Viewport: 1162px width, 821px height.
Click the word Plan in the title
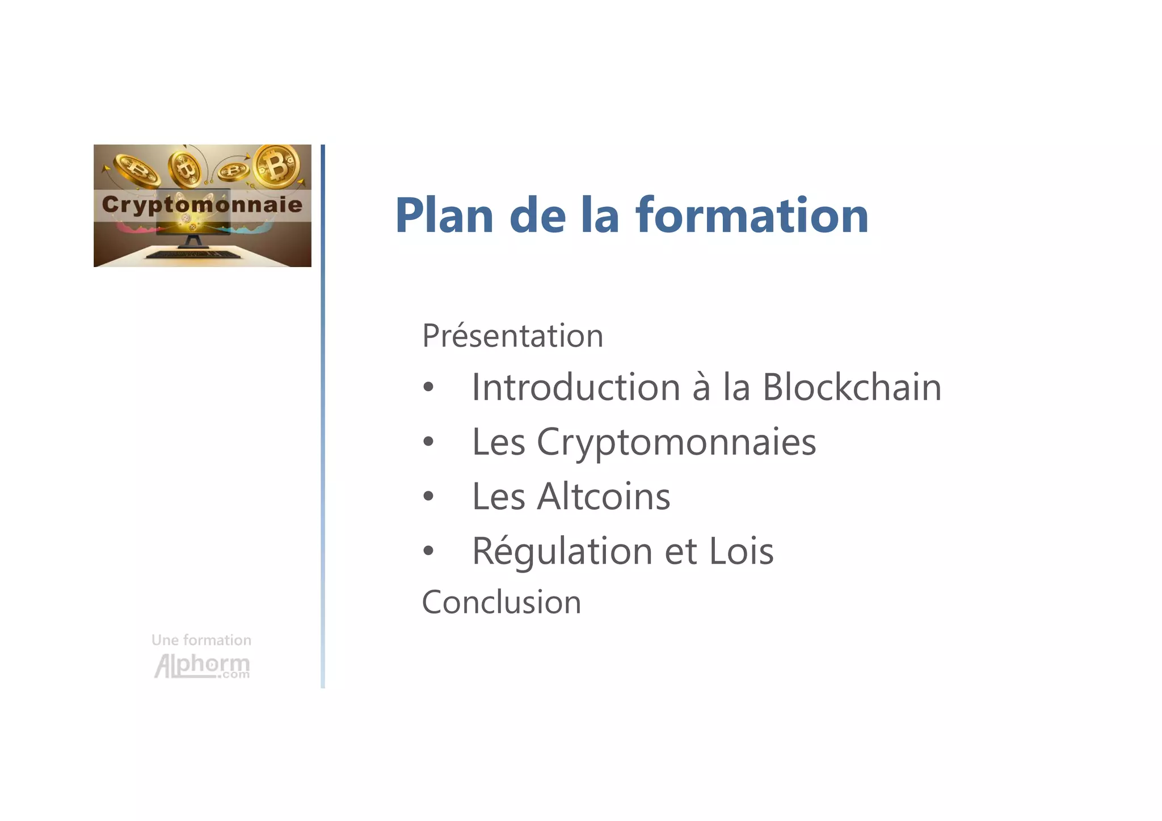[444, 215]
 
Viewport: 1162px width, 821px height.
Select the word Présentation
[512, 336]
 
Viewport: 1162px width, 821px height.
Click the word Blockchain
[852, 387]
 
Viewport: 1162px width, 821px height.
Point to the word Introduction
[576, 387]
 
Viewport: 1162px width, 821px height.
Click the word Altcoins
[604, 497]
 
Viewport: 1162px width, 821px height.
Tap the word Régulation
[562, 551]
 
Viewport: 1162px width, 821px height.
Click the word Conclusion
[502, 602]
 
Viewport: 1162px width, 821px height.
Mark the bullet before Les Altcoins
[428, 497]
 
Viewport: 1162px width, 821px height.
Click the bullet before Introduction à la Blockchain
[428, 388]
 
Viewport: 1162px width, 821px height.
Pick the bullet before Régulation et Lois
[428, 551]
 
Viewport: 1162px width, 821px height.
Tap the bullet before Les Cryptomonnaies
[428, 442]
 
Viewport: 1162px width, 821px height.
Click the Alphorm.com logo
[202, 666]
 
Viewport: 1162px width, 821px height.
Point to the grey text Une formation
[201, 640]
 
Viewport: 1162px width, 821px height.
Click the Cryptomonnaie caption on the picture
[202, 204]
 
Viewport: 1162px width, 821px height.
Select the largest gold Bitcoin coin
[277, 166]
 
